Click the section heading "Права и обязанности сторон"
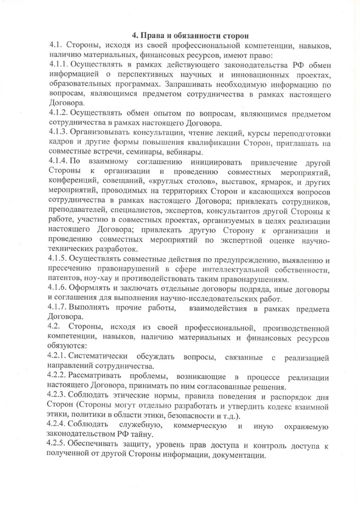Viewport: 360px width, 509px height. pos(191,36)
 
